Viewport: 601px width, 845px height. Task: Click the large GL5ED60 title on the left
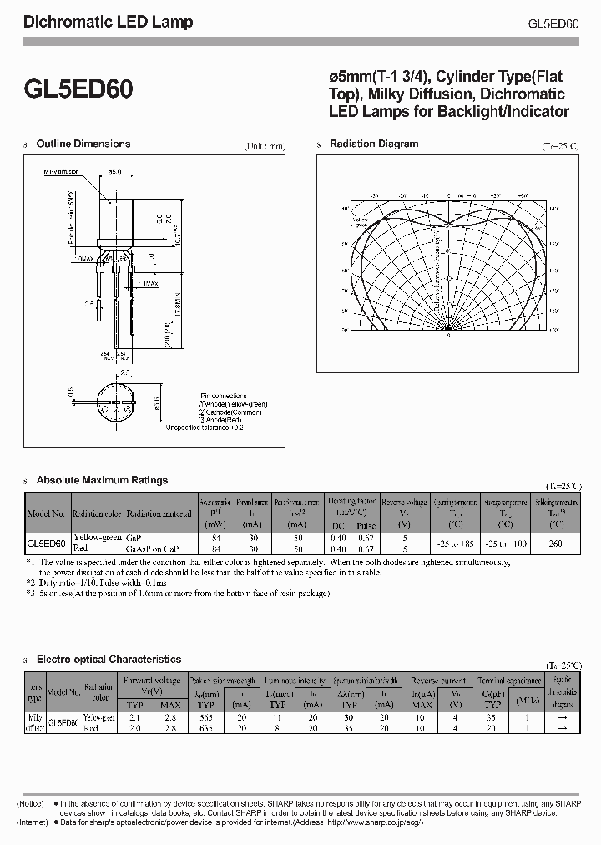[78, 89]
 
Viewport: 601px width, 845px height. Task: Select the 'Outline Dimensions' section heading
[83, 144]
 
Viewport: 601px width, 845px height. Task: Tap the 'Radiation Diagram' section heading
[374, 144]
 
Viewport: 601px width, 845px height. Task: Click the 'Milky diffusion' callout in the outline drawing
[63, 173]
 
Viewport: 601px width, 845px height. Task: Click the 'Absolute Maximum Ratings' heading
[102, 480]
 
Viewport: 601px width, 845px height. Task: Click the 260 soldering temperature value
[554, 543]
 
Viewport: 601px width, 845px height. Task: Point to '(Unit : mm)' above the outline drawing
[265, 146]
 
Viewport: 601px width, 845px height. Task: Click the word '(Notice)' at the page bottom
[33, 802]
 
